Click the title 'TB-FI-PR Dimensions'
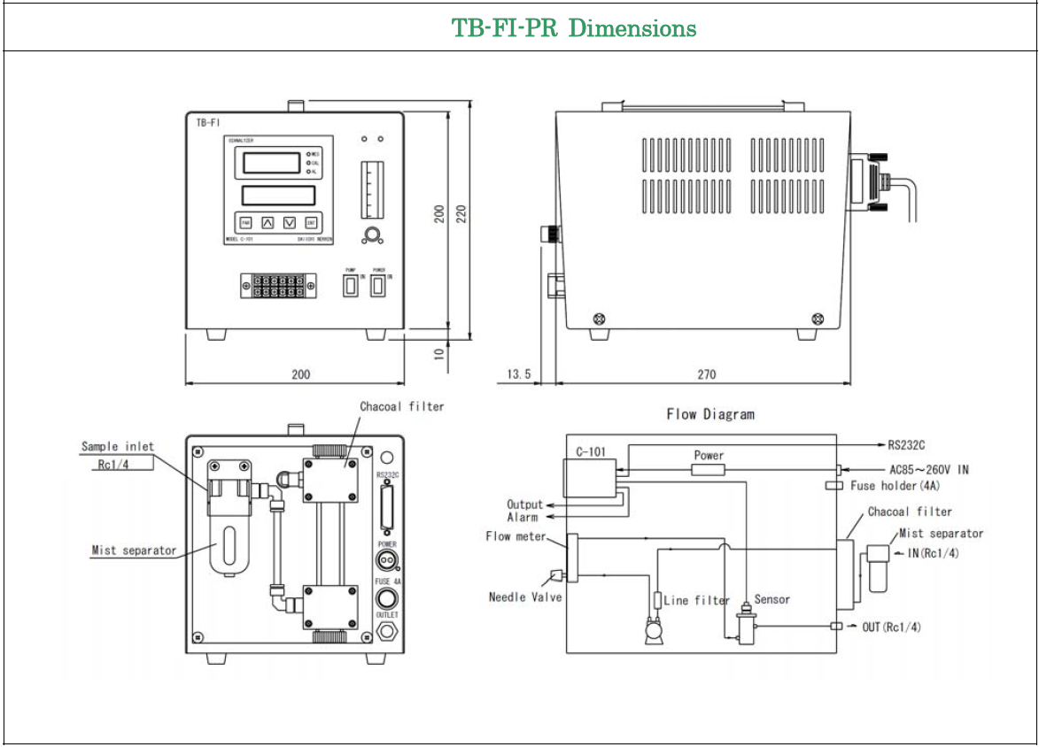(574, 28)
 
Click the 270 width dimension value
(706, 375)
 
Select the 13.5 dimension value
(518, 375)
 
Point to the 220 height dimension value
(461, 215)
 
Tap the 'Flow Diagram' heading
(710, 414)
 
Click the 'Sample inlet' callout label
(117, 447)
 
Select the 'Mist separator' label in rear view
(134, 551)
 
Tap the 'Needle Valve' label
(524, 597)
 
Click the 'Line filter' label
(696, 601)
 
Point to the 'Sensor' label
(771, 600)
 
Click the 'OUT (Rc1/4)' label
(891, 628)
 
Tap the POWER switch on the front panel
(378, 286)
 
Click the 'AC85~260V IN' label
(927, 470)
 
